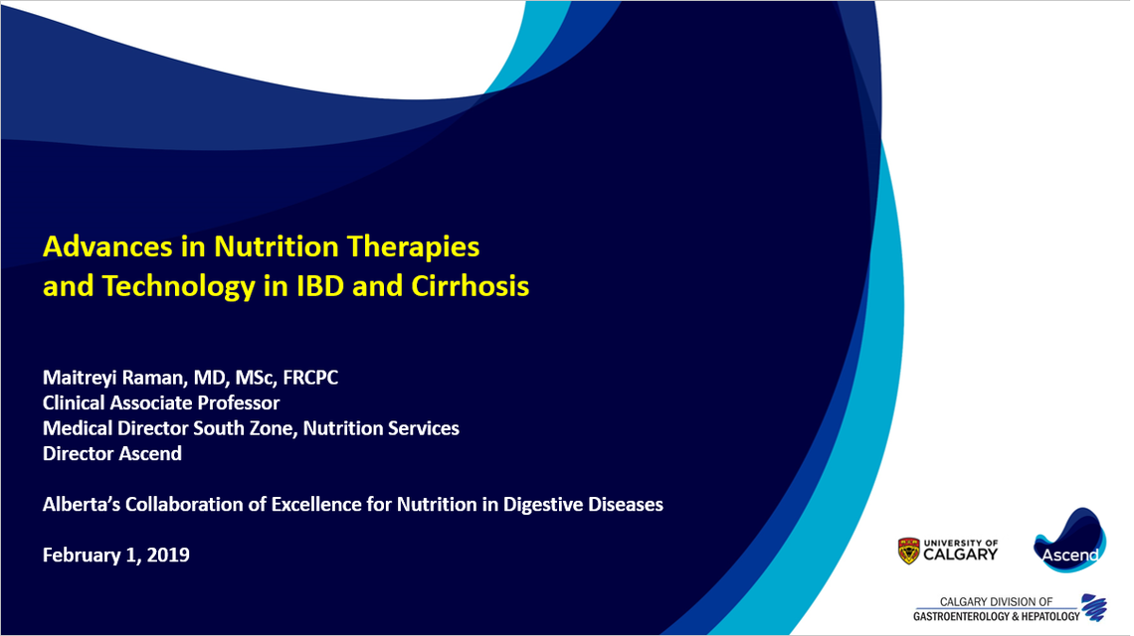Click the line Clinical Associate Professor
pos(161,402)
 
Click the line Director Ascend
pos(112,453)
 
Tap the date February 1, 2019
pos(116,555)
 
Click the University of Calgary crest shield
pos(908,550)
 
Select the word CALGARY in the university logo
pos(961,555)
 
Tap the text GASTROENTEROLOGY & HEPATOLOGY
pos(996,616)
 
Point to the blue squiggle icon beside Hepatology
pos(1095,607)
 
